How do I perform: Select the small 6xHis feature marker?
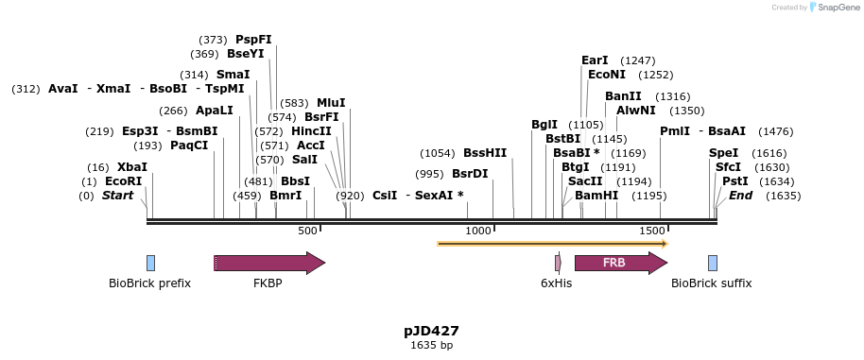coord(558,263)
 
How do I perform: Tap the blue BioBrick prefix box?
coord(150,263)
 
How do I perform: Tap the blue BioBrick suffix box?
coord(712,263)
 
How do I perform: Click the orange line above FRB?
coord(552,244)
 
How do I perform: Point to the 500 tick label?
coord(307,231)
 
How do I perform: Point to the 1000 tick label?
coord(479,231)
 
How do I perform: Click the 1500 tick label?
coord(651,231)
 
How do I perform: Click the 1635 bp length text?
coord(431,346)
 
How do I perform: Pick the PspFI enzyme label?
coord(253,40)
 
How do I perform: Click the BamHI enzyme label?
coord(596,196)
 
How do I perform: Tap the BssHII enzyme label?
coord(485,152)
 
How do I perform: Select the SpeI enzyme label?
coord(723,152)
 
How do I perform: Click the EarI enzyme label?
coord(595,60)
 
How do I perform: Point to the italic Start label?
coord(118,196)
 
